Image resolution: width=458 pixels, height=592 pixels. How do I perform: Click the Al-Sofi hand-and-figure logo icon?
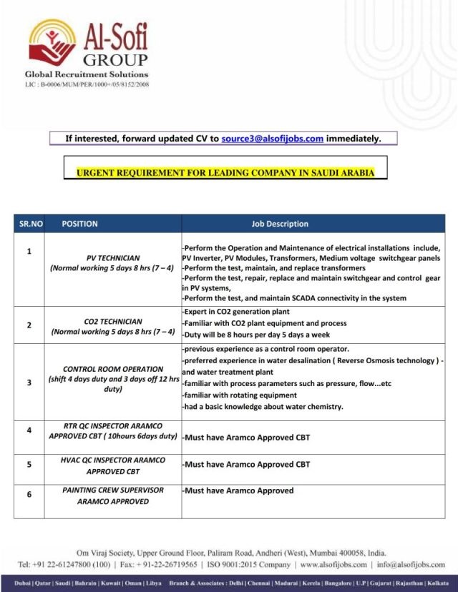[52, 44]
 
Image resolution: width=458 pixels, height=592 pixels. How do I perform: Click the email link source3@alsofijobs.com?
[272, 139]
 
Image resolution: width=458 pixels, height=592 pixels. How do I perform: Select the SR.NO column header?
[29, 224]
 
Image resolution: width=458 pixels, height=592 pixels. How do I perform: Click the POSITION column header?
[79, 224]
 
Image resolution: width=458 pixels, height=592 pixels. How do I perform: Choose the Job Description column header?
[280, 224]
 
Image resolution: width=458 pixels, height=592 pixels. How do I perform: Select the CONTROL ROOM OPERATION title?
[114, 369]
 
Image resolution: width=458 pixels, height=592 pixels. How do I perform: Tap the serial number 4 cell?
[29, 430]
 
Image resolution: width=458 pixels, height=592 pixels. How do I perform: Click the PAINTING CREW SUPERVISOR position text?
[113, 490]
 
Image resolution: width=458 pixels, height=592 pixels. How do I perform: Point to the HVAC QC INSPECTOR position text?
[113, 460]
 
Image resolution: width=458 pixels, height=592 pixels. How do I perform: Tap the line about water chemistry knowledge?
[263, 407]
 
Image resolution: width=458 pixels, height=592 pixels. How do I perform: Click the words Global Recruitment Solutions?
[87, 74]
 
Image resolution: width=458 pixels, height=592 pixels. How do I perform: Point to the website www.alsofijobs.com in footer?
[333, 565]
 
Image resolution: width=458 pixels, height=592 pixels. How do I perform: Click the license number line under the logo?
[87, 84]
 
